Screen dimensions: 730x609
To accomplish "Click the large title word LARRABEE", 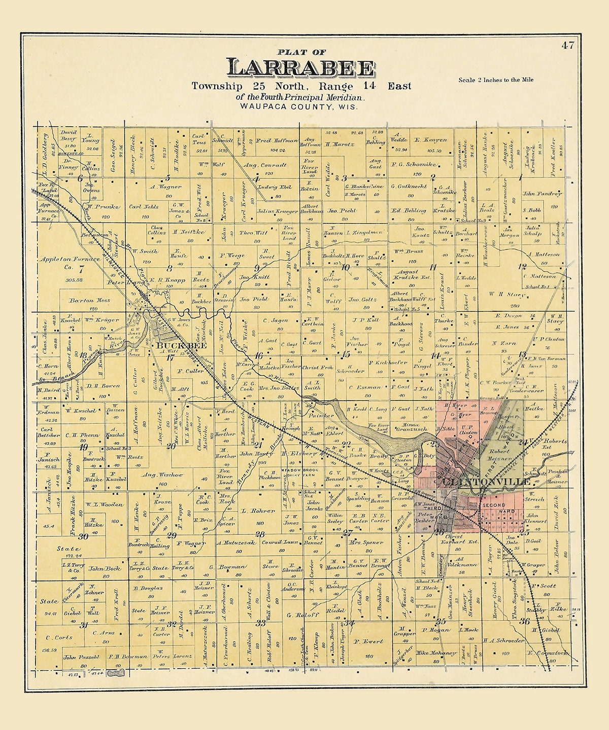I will [x=301, y=68].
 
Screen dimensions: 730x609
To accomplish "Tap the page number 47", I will [x=567, y=45].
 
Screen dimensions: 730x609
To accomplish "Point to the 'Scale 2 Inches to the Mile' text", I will [x=496, y=80].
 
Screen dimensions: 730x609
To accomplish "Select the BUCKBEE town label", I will [x=171, y=346].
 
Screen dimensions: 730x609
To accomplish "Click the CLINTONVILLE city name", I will [x=486, y=481].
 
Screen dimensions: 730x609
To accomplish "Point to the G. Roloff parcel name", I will [x=295, y=615].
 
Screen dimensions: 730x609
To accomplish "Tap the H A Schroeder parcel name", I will [x=503, y=640].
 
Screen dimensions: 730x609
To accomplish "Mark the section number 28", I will [x=260, y=534].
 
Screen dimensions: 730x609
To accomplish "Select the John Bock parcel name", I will [x=105, y=568].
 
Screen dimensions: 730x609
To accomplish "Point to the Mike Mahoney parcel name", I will [x=436, y=653].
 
